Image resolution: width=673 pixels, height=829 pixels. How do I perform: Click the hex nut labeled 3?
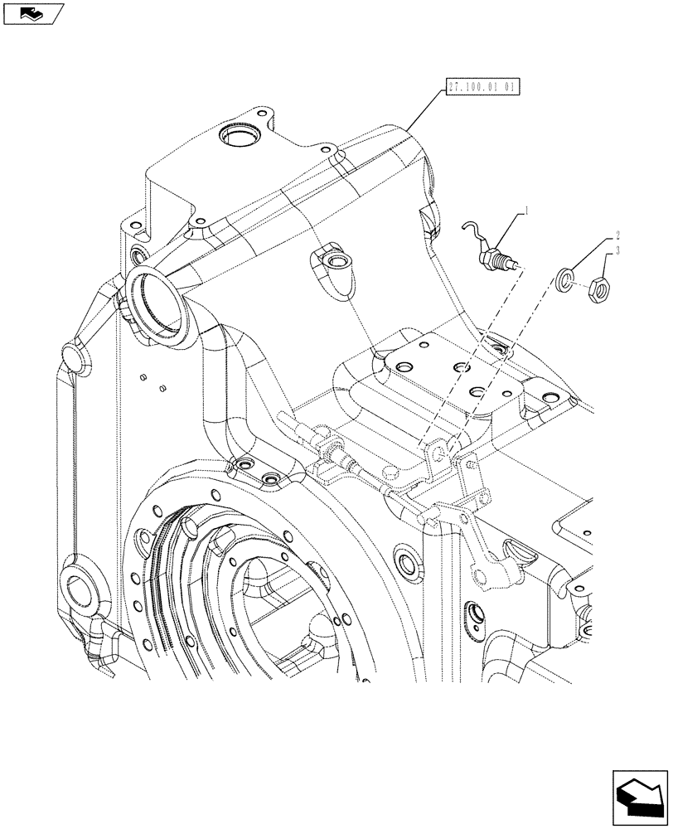coord(598,290)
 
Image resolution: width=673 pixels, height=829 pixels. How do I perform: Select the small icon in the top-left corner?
coord(31,13)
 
